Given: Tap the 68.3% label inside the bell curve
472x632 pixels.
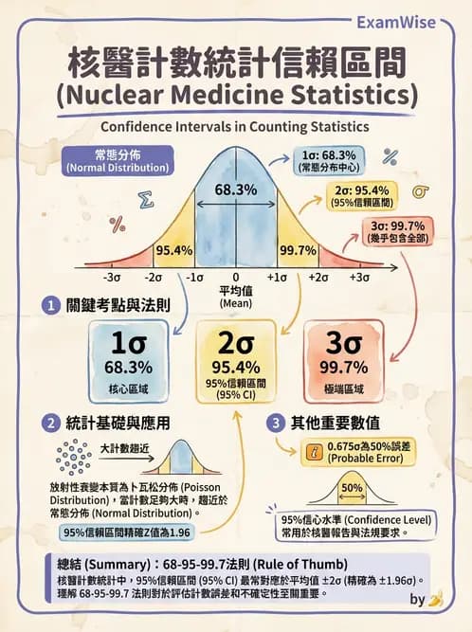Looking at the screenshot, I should click(235, 190).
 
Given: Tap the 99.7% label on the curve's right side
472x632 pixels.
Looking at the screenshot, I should click(298, 250).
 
